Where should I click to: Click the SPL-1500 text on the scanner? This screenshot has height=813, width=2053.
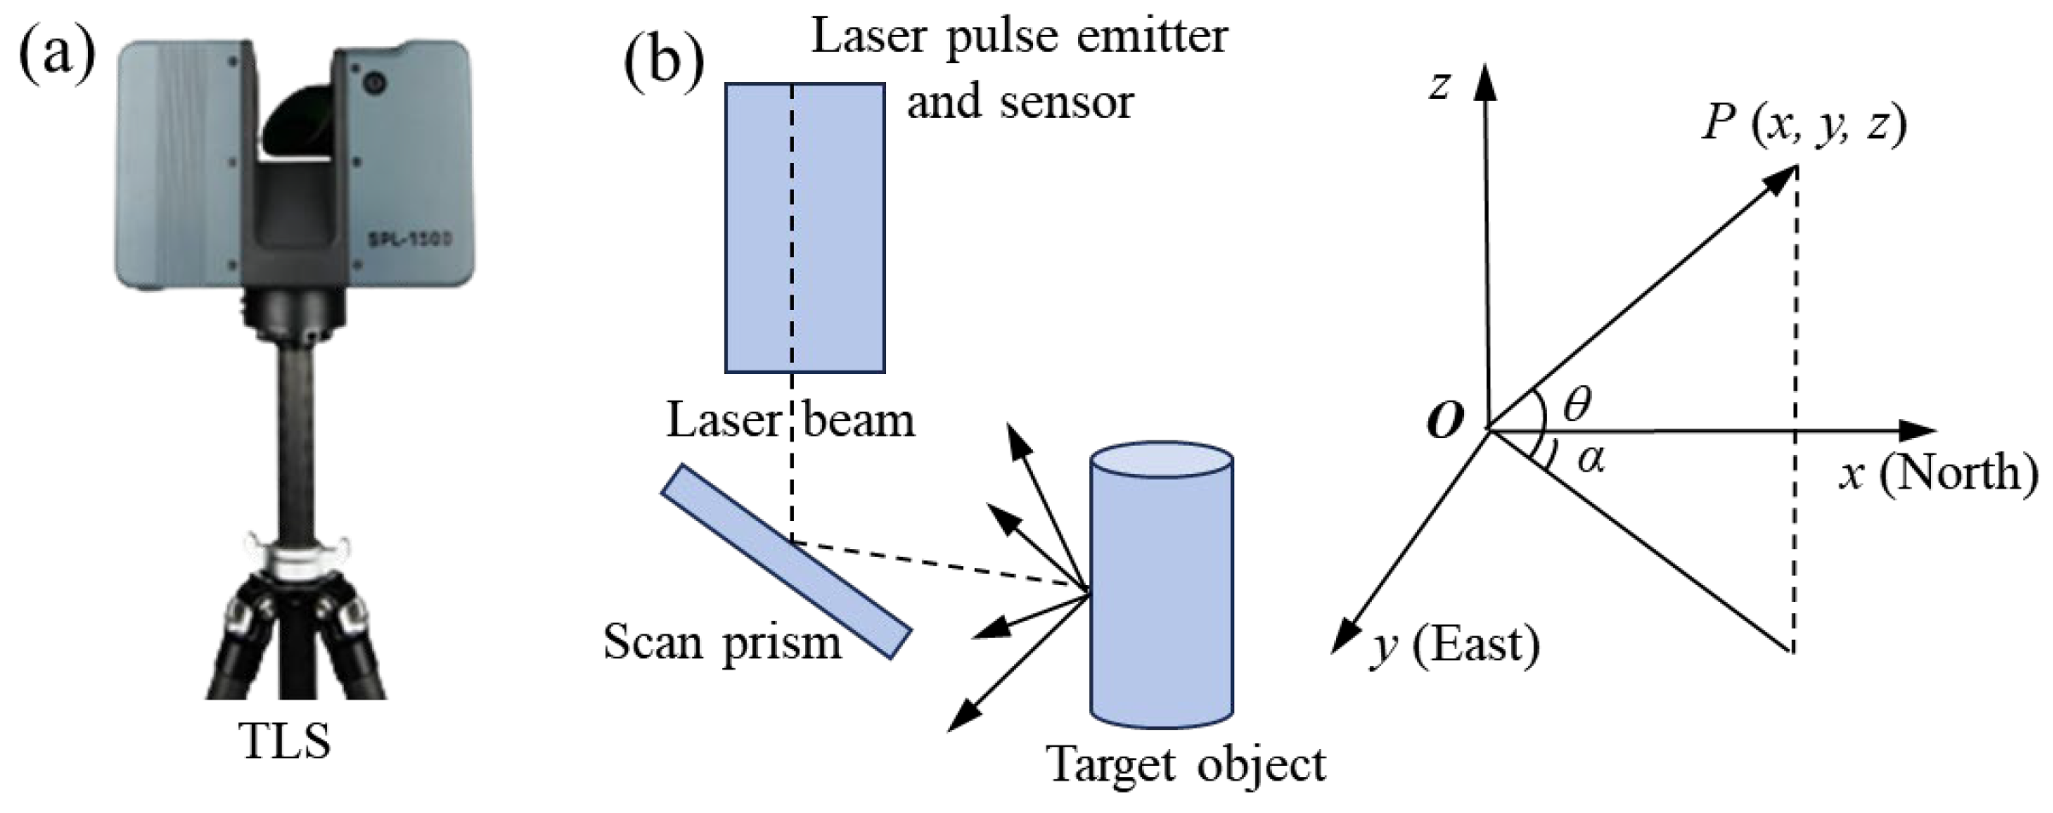409,242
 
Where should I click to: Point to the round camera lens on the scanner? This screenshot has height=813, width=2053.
373,83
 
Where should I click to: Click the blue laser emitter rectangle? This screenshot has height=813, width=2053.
804,227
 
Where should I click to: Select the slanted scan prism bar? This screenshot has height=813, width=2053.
786,561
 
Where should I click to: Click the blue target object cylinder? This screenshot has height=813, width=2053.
1162,589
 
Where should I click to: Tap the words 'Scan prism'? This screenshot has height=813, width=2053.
722,642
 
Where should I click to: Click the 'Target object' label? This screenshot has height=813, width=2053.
1186,764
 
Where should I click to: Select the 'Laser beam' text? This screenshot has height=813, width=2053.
790,421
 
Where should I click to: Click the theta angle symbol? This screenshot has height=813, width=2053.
1577,405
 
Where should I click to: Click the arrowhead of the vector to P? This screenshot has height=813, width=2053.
1782,178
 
